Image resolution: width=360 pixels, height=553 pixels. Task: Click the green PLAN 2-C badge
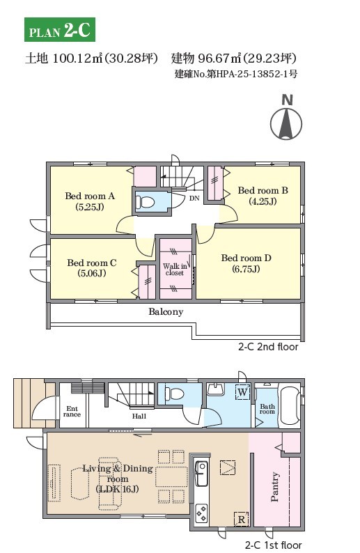click(60, 30)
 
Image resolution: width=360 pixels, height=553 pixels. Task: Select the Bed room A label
click(90, 201)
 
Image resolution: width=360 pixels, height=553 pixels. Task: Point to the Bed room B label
click(263, 196)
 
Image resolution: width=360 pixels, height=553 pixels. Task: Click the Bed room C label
click(92, 268)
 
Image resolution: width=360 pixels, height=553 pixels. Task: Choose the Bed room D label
click(246, 263)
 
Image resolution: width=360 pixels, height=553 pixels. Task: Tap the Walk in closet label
click(175, 270)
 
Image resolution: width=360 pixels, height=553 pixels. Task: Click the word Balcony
click(166, 312)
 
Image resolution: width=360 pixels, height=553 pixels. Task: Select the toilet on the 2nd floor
click(146, 202)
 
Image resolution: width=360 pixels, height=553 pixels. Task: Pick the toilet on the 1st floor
click(174, 394)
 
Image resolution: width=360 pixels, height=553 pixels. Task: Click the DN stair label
click(194, 198)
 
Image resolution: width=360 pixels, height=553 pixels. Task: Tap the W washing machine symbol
click(242, 392)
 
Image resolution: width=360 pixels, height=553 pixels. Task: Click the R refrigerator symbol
click(241, 520)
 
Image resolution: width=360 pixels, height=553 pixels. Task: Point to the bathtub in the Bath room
click(290, 406)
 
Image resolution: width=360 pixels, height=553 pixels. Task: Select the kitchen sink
click(201, 473)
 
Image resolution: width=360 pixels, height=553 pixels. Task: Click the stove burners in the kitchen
click(201, 513)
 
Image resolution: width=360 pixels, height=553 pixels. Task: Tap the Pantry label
click(274, 487)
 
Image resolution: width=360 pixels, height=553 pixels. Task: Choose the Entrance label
click(72, 412)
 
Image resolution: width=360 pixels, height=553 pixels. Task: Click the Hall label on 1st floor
click(139, 416)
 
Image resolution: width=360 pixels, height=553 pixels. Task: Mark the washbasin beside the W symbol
click(215, 389)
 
